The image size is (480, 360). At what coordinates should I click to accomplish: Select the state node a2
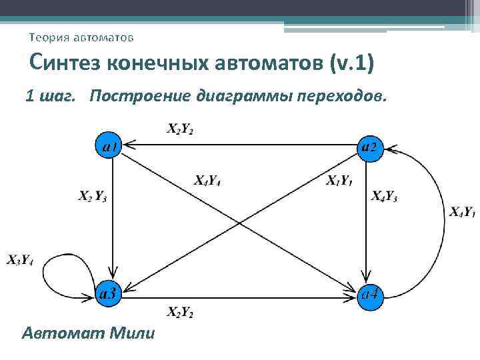click(370, 145)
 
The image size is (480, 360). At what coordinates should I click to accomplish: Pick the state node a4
click(371, 293)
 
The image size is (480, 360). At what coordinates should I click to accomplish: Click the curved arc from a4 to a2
click(442, 220)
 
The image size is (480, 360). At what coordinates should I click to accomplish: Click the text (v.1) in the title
click(351, 64)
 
